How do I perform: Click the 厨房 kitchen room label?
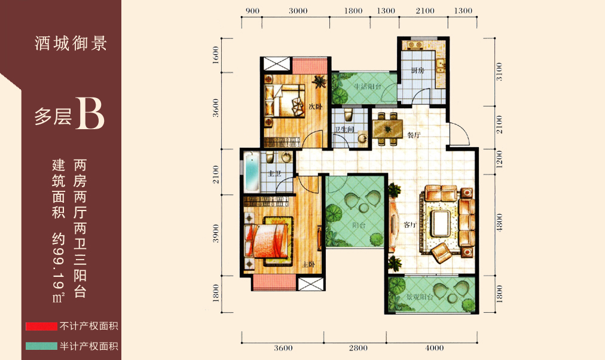(x=417, y=71)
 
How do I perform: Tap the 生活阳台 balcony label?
(x=367, y=87)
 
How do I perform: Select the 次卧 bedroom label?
(x=315, y=106)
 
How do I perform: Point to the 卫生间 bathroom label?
(x=344, y=129)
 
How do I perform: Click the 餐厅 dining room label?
(x=414, y=135)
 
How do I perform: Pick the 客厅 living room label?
(x=410, y=225)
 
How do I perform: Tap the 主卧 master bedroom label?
(x=308, y=264)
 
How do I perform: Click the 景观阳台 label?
(x=420, y=297)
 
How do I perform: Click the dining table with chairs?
(x=387, y=129)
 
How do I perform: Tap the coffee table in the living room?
(x=440, y=223)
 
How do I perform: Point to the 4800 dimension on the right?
(x=500, y=222)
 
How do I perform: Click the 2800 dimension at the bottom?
(x=358, y=348)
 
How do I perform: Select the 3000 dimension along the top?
(x=298, y=11)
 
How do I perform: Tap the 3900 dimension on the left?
(x=216, y=233)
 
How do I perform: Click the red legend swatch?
(x=41, y=327)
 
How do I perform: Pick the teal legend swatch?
(x=41, y=346)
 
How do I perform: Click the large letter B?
(x=90, y=114)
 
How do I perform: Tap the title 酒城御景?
(x=71, y=43)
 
